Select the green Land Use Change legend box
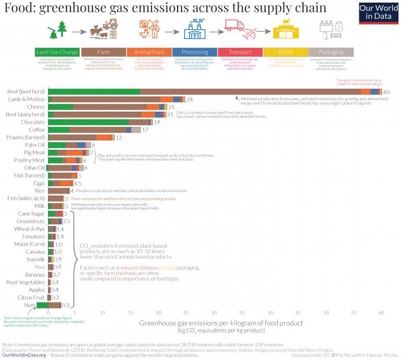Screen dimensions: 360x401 (57, 52)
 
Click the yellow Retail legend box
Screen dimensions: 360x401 (285, 52)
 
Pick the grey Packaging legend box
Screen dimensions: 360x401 (331, 52)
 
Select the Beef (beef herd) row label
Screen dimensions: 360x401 (26, 91)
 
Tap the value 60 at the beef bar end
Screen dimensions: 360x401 (387, 92)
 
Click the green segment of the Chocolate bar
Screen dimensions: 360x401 (88, 122)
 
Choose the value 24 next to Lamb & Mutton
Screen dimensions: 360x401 (190, 99)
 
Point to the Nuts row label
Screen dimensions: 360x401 (38, 305)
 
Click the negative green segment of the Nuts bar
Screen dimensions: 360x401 (42, 305)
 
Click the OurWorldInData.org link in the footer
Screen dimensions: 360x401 (24, 354)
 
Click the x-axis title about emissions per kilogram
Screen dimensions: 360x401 (221, 323)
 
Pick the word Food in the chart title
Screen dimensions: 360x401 (17, 8)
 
